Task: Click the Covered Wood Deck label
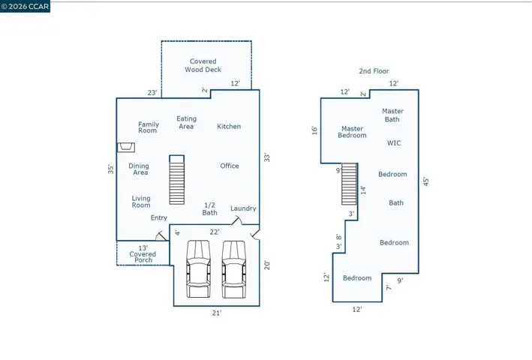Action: (203, 65)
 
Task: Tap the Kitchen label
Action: (229, 127)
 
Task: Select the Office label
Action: (230, 166)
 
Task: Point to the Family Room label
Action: (149, 127)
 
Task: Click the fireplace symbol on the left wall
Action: (126, 148)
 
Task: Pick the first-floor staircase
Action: (177, 180)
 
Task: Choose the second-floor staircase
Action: (349, 184)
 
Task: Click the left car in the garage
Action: (199, 269)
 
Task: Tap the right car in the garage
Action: (234, 269)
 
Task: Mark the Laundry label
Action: (243, 208)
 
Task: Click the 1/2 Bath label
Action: (209, 208)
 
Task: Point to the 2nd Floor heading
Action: (374, 71)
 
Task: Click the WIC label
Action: (394, 143)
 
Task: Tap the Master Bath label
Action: (392, 115)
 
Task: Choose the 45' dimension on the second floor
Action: (425, 181)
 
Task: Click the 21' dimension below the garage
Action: (217, 313)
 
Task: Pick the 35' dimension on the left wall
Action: (111, 169)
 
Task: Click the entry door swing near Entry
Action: (161, 236)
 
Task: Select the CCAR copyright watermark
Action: (25, 7)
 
